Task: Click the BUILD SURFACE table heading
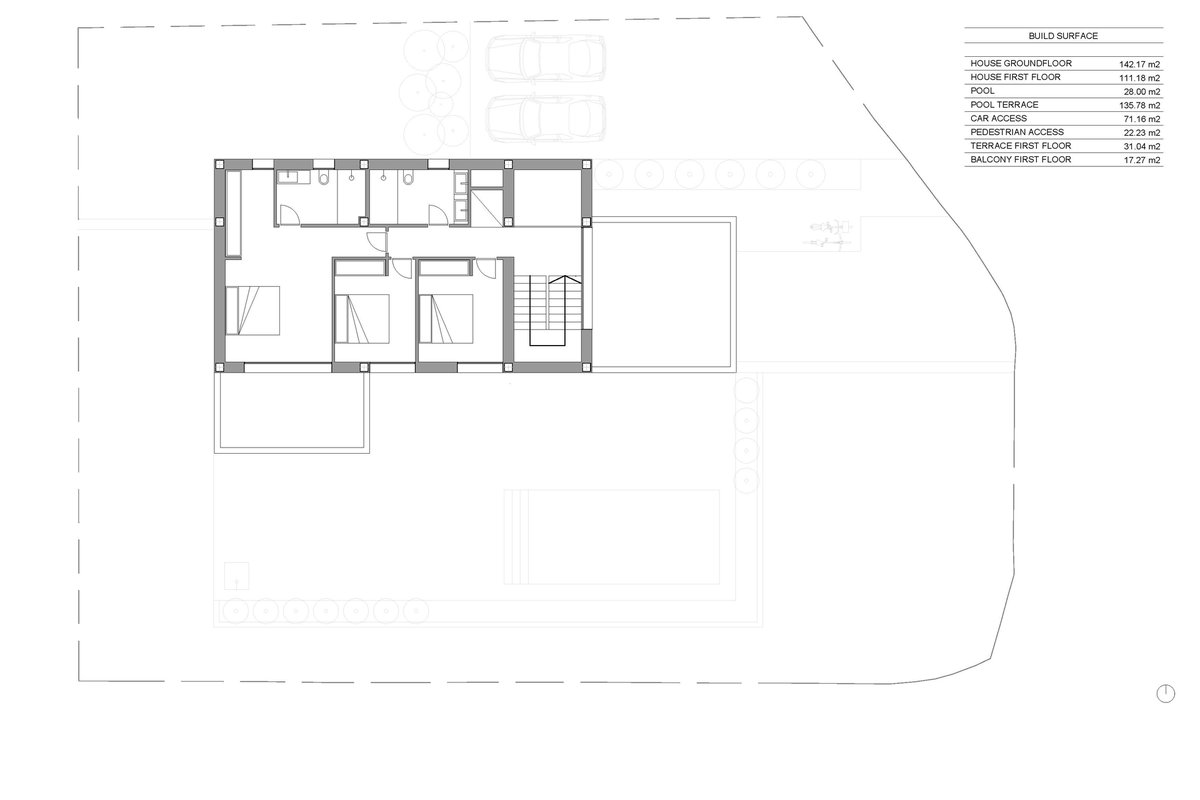[x=1063, y=36]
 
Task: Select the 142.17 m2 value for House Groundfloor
[x=1139, y=64]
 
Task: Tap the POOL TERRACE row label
[x=1004, y=104]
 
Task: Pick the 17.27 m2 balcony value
[x=1142, y=160]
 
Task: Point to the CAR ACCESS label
[x=999, y=118]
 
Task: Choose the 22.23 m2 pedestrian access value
[x=1142, y=132]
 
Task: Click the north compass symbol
[x=1166, y=693]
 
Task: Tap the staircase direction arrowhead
[x=565, y=279]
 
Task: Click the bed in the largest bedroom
[x=252, y=310]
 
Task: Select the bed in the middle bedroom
[x=362, y=319]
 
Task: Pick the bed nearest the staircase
[x=446, y=319]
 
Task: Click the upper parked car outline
[x=546, y=58]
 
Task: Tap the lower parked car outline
[x=546, y=119]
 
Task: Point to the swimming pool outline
[x=612, y=536]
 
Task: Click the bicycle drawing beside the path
[x=827, y=234]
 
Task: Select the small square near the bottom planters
[x=236, y=575]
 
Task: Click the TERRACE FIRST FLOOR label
[x=1021, y=146]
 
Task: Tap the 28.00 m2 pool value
[x=1142, y=92]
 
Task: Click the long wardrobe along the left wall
[x=233, y=214]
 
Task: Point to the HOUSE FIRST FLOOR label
[x=1015, y=77]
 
